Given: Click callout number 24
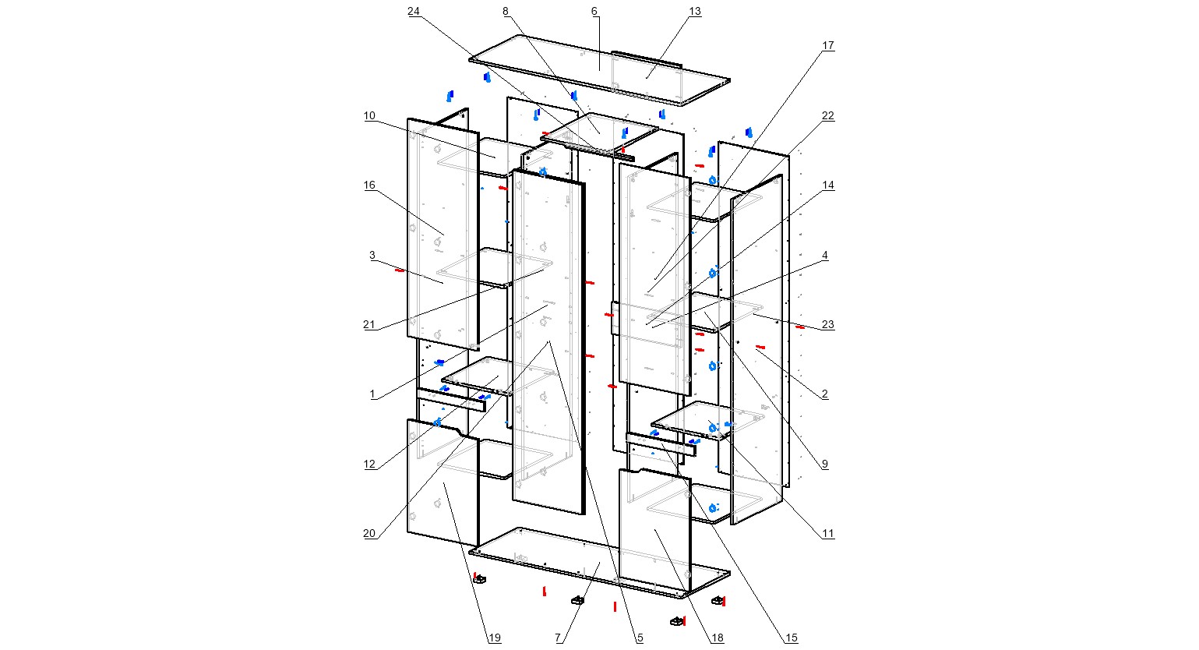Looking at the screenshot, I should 414,11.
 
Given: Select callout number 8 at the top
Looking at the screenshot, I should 506,11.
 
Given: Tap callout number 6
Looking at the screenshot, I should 594,11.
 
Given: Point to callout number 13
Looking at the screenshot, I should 695,11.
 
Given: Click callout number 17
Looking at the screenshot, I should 828,46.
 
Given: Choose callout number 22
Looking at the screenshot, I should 828,115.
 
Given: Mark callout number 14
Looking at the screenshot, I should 828,185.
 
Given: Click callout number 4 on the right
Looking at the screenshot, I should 825,255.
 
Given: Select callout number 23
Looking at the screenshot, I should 828,325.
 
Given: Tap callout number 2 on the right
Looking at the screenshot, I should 825,394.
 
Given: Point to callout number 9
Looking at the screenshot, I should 825,464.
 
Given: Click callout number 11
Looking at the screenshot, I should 828,534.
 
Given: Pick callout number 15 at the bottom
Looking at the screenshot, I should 792,638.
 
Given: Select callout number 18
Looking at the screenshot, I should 718,638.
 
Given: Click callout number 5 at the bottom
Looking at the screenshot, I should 640,638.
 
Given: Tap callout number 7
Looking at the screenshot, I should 558,638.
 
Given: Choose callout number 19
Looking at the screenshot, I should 495,638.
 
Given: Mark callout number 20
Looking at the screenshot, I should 369,534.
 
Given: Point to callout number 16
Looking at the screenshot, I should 369,185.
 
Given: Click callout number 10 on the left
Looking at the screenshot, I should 369,116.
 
